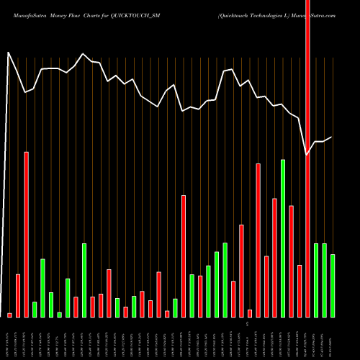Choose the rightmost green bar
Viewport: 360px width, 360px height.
333,285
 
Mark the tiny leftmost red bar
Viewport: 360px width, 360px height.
9,315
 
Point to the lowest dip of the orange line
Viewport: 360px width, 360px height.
307,154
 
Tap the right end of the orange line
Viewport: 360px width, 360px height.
332,137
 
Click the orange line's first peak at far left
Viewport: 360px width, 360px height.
9,53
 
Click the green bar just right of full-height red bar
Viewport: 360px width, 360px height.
316,280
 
